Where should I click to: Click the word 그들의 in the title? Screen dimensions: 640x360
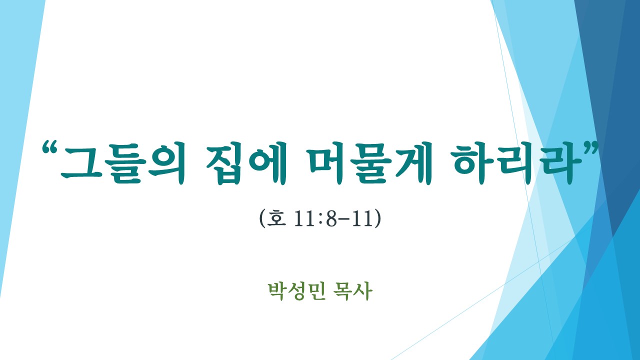tap(123, 163)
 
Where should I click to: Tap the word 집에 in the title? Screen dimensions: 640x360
tap(246, 163)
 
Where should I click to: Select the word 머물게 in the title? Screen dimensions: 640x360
tap(370, 163)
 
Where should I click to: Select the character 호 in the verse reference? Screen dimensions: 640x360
tap(276, 218)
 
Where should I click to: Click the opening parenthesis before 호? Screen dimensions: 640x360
tap(262, 218)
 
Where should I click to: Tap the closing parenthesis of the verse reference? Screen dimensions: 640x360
tap(377, 218)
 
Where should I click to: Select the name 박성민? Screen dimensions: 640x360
tap(297, 291)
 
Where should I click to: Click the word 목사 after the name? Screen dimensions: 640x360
tap(353, 291)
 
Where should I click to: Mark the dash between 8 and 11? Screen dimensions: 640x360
tap(343, 220)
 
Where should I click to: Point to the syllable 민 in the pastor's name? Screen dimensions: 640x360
tap(317, 291)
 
